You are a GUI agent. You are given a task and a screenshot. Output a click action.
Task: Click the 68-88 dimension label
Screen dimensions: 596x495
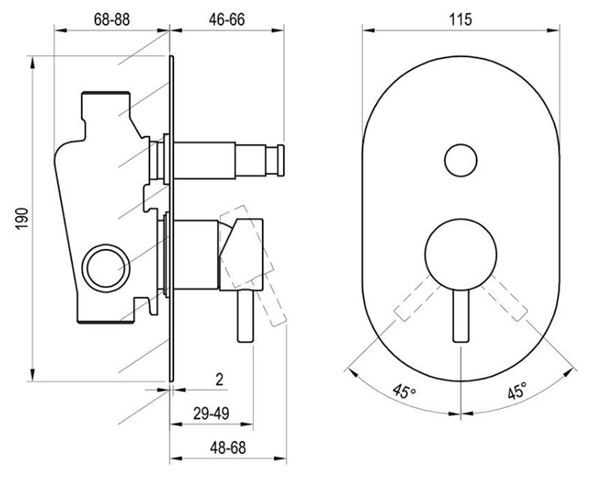[112, 19]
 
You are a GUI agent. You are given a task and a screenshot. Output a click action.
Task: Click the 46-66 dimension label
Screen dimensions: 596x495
[227, 19]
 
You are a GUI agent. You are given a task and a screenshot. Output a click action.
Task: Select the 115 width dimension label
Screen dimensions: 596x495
[461, 19]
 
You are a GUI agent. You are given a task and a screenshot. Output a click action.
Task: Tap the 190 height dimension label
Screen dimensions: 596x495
[22, 218]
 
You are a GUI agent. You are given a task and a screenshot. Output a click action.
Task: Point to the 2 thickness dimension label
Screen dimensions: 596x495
[219, 379]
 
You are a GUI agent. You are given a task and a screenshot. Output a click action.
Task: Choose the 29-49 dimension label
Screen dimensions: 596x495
[211, 413]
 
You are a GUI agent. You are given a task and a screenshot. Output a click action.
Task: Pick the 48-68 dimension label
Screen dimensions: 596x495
[228, 448]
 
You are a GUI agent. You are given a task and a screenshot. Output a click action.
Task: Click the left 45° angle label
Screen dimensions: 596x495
[404, 390]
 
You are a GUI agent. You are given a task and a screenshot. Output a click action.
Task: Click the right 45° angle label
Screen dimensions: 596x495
[517, 390]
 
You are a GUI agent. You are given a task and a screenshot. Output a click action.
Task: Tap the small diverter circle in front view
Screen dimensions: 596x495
[461, 160]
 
